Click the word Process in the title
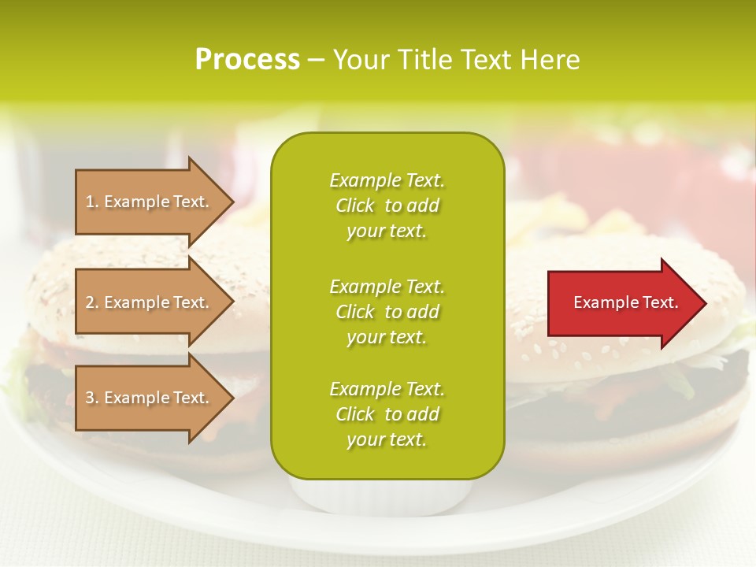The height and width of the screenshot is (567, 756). [x=247, y=60]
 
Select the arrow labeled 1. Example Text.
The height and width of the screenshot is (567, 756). [x=150, y=202]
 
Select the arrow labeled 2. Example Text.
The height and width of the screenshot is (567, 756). [x=150, y=302]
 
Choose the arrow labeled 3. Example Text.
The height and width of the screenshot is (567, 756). [x=150, y=398]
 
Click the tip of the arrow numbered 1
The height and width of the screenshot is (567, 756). [x=232, y=202]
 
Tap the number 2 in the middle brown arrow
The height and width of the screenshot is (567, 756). [x=90, y=302]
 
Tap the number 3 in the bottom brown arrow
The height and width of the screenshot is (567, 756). [x=90, y=398]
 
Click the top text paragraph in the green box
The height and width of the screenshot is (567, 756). [x=387, y=206]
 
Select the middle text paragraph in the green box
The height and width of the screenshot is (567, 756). [x=387, y=312]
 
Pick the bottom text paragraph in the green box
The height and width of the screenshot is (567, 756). [x=387, y=414]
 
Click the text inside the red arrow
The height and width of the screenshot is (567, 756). [x=625, y=302]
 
